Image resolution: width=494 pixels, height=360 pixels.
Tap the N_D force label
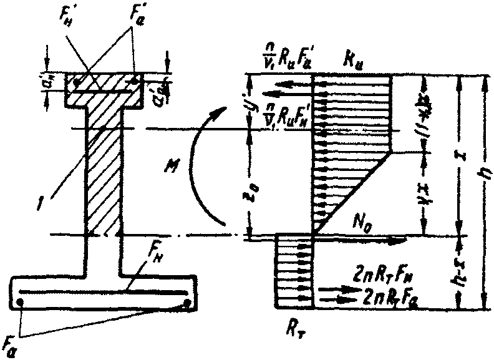363,223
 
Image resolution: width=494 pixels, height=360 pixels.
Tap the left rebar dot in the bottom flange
22,302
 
